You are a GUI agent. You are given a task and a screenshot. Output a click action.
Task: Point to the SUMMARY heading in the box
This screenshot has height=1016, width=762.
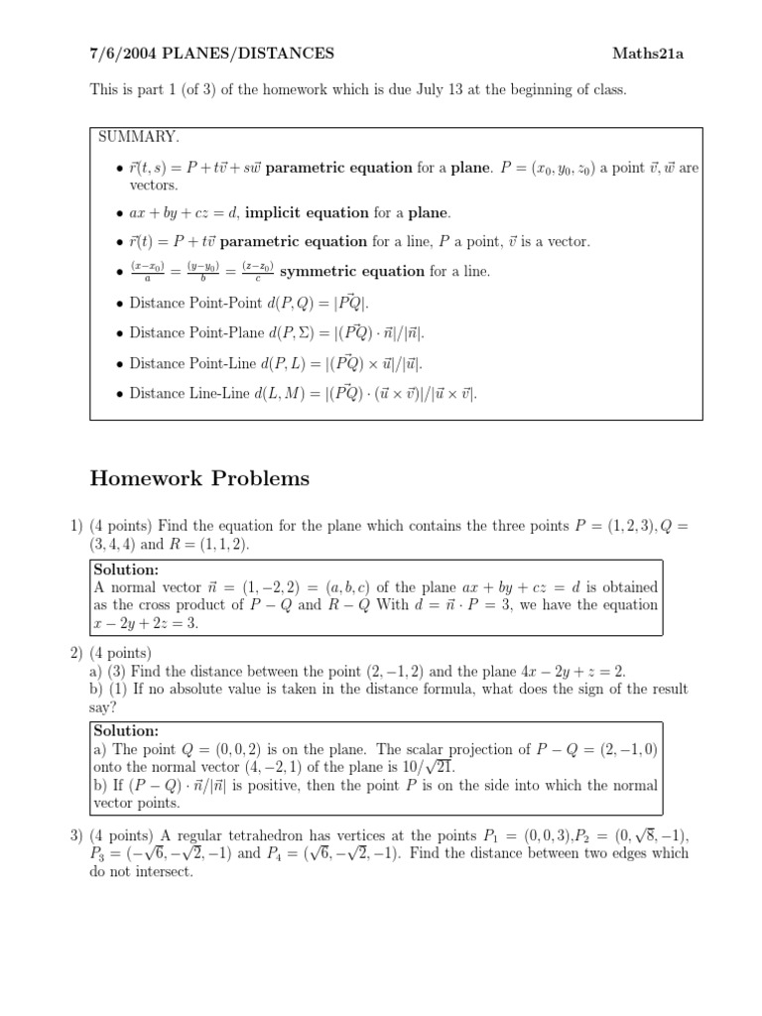pos(138,136)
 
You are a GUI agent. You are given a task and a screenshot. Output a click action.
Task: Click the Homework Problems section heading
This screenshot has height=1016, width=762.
pos(199,478)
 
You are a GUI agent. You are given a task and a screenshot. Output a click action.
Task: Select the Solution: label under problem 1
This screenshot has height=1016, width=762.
pos(126,570)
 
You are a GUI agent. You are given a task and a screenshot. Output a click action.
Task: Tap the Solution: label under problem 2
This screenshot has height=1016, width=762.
pos(126,730)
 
